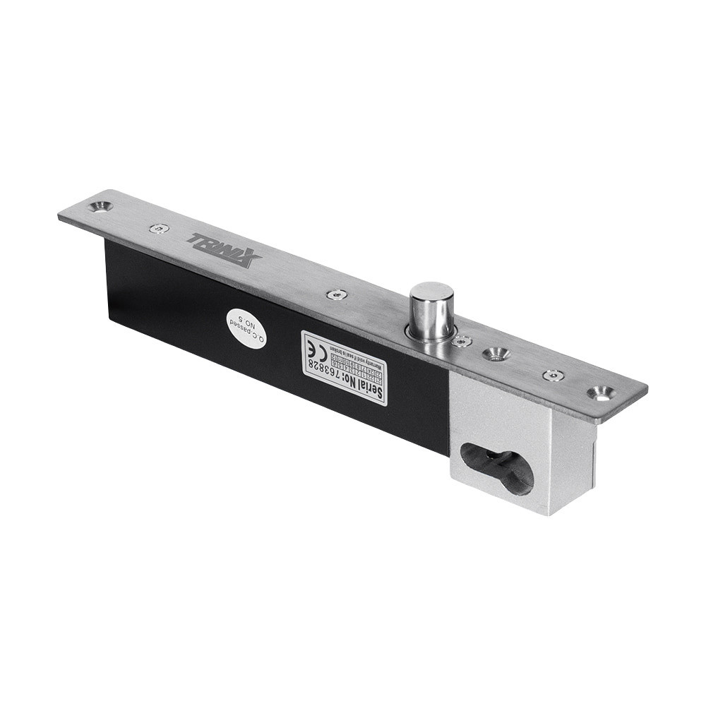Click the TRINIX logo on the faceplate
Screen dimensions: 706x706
[224, 250]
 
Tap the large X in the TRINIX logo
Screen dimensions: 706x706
[246, 258]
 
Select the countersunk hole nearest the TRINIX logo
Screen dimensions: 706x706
[100, 207]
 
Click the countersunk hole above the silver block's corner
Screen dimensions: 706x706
[601, 393]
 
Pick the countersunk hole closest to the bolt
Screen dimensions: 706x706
[496, 353]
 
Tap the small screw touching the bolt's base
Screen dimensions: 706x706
[462, 341]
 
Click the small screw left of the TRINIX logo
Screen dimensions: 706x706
[160, 229]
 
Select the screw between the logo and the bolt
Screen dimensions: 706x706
[337, 294]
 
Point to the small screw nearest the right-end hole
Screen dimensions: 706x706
[553, 375]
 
